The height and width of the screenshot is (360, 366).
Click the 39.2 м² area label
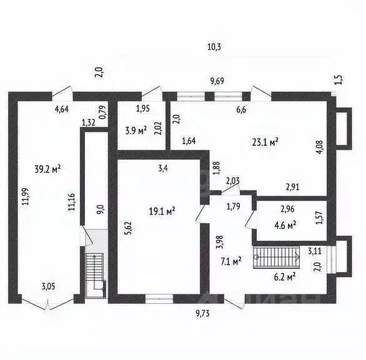(x=48, y=169)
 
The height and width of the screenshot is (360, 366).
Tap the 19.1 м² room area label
(x=162, y=212)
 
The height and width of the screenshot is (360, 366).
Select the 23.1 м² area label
(x=265, y=142)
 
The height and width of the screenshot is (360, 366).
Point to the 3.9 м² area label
(x=136, y=130)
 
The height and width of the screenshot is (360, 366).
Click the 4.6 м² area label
(x=285, y=225)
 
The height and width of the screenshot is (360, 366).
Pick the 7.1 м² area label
(x=231, y=261)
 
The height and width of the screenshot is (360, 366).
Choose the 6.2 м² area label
(x=285, y=277)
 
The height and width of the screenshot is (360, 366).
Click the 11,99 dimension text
(x=26, y=197)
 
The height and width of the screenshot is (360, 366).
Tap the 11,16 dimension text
(x=71, y=202)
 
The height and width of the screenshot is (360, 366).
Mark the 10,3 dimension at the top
(x=214, y=47)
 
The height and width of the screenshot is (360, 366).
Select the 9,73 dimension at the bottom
(x=202, y=314)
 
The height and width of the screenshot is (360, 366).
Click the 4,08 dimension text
(x=320, y=147)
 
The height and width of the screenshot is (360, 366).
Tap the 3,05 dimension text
(x=49, y=286)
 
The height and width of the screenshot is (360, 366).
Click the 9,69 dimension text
(x=217, y=81)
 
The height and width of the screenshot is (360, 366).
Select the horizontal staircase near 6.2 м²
(x=276, y=258)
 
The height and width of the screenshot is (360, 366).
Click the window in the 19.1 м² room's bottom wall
(x=159, y=299)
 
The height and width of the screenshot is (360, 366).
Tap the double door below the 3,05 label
(x=48, y=303)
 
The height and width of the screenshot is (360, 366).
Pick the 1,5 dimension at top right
(x=339, y=80)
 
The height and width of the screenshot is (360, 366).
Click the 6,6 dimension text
(x=241, y=110)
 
